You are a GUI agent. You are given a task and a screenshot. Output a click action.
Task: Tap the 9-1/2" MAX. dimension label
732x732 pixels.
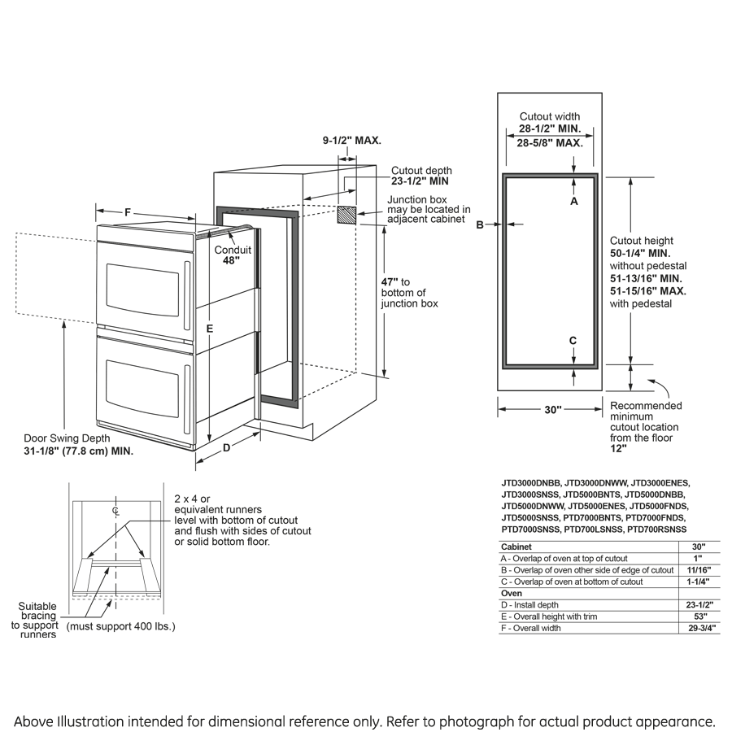[x=352, y=140]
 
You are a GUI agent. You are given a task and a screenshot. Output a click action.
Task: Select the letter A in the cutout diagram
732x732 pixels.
[x=573, y=200]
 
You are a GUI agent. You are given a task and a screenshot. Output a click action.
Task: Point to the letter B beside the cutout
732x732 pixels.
[x=480, y=224]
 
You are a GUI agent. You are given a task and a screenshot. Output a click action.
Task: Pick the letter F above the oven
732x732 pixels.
[x=128, y=212]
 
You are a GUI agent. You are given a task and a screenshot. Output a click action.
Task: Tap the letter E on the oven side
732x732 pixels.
[x=209, y=329]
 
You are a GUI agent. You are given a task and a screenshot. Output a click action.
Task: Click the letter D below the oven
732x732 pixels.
[x=227, y=447]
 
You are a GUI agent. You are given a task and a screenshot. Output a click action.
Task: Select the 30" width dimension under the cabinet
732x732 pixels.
[x=553, y=410]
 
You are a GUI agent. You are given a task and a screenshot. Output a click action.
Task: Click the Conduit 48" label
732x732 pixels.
[x=233, y=255]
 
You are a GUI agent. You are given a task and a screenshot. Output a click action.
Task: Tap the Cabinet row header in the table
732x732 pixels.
[x=516, y=547]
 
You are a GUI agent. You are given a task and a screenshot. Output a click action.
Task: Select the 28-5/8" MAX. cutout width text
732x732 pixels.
[x=550, y=142]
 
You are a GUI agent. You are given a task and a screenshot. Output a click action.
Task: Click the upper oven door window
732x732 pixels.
[x=142, y=290]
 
